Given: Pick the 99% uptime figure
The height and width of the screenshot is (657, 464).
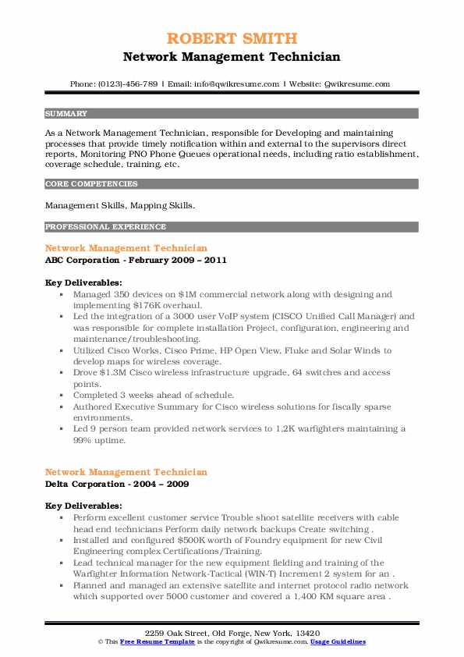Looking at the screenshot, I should (x=84, y=439).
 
